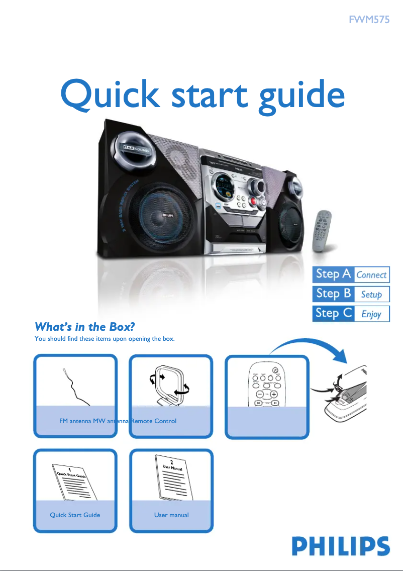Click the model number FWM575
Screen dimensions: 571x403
(369, 21)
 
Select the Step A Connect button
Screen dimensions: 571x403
(351, 274)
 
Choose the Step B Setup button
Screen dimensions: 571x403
(351, 294)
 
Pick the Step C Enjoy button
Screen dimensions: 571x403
(351, 314)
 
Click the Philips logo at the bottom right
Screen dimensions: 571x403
(341, 546)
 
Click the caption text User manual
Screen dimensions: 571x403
(171, 515)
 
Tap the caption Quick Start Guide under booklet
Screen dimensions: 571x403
(75, 515)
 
